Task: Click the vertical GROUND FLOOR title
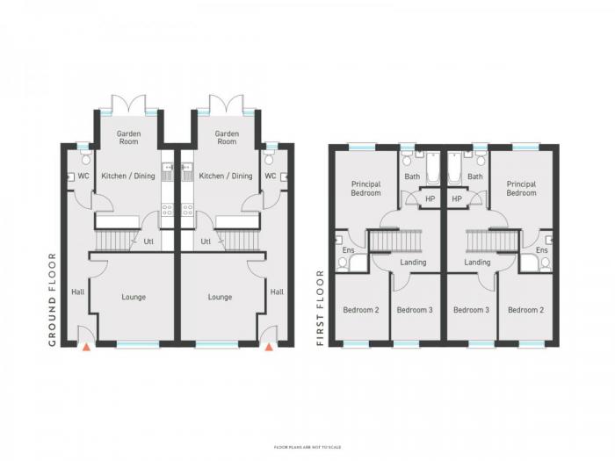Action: (x=53, y=299)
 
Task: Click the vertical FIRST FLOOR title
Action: (x=321, y=307)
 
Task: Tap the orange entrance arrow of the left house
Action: (x=86, y=347)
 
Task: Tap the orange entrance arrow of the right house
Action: (x=269, y=347)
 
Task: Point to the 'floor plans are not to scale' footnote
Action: (x=307, y=447)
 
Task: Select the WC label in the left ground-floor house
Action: (x=83, y=176)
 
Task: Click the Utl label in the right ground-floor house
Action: (x=206, y=241)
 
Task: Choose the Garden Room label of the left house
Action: (x=128, y=138)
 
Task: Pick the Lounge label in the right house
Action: (x=220, y=297)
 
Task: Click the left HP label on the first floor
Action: (x=430, y=198)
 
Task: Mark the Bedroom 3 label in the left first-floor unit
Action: (x=415, y=310)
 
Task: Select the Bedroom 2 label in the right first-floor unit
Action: (x=525, y=310)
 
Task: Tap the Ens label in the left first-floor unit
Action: (x=348, y=250)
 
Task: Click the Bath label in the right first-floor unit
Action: (x=475, y=176)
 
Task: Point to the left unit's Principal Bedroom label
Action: (x=366, y=189)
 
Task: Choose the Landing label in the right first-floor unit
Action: (x=477, y=263)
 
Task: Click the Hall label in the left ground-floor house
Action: (x=77, y=292)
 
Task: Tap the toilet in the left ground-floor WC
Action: (x=86, y=158)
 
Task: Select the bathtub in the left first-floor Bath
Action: (x=433, y=169)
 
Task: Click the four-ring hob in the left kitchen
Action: (x=168, y=210)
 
